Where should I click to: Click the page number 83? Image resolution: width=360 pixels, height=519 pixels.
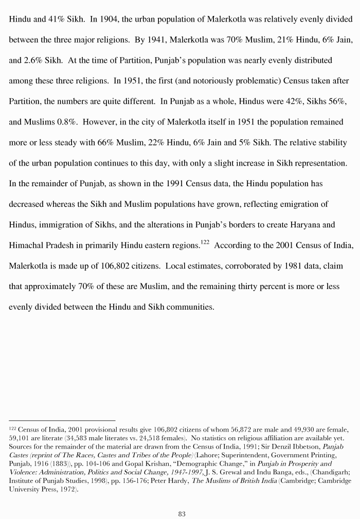[x=181, y=513]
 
